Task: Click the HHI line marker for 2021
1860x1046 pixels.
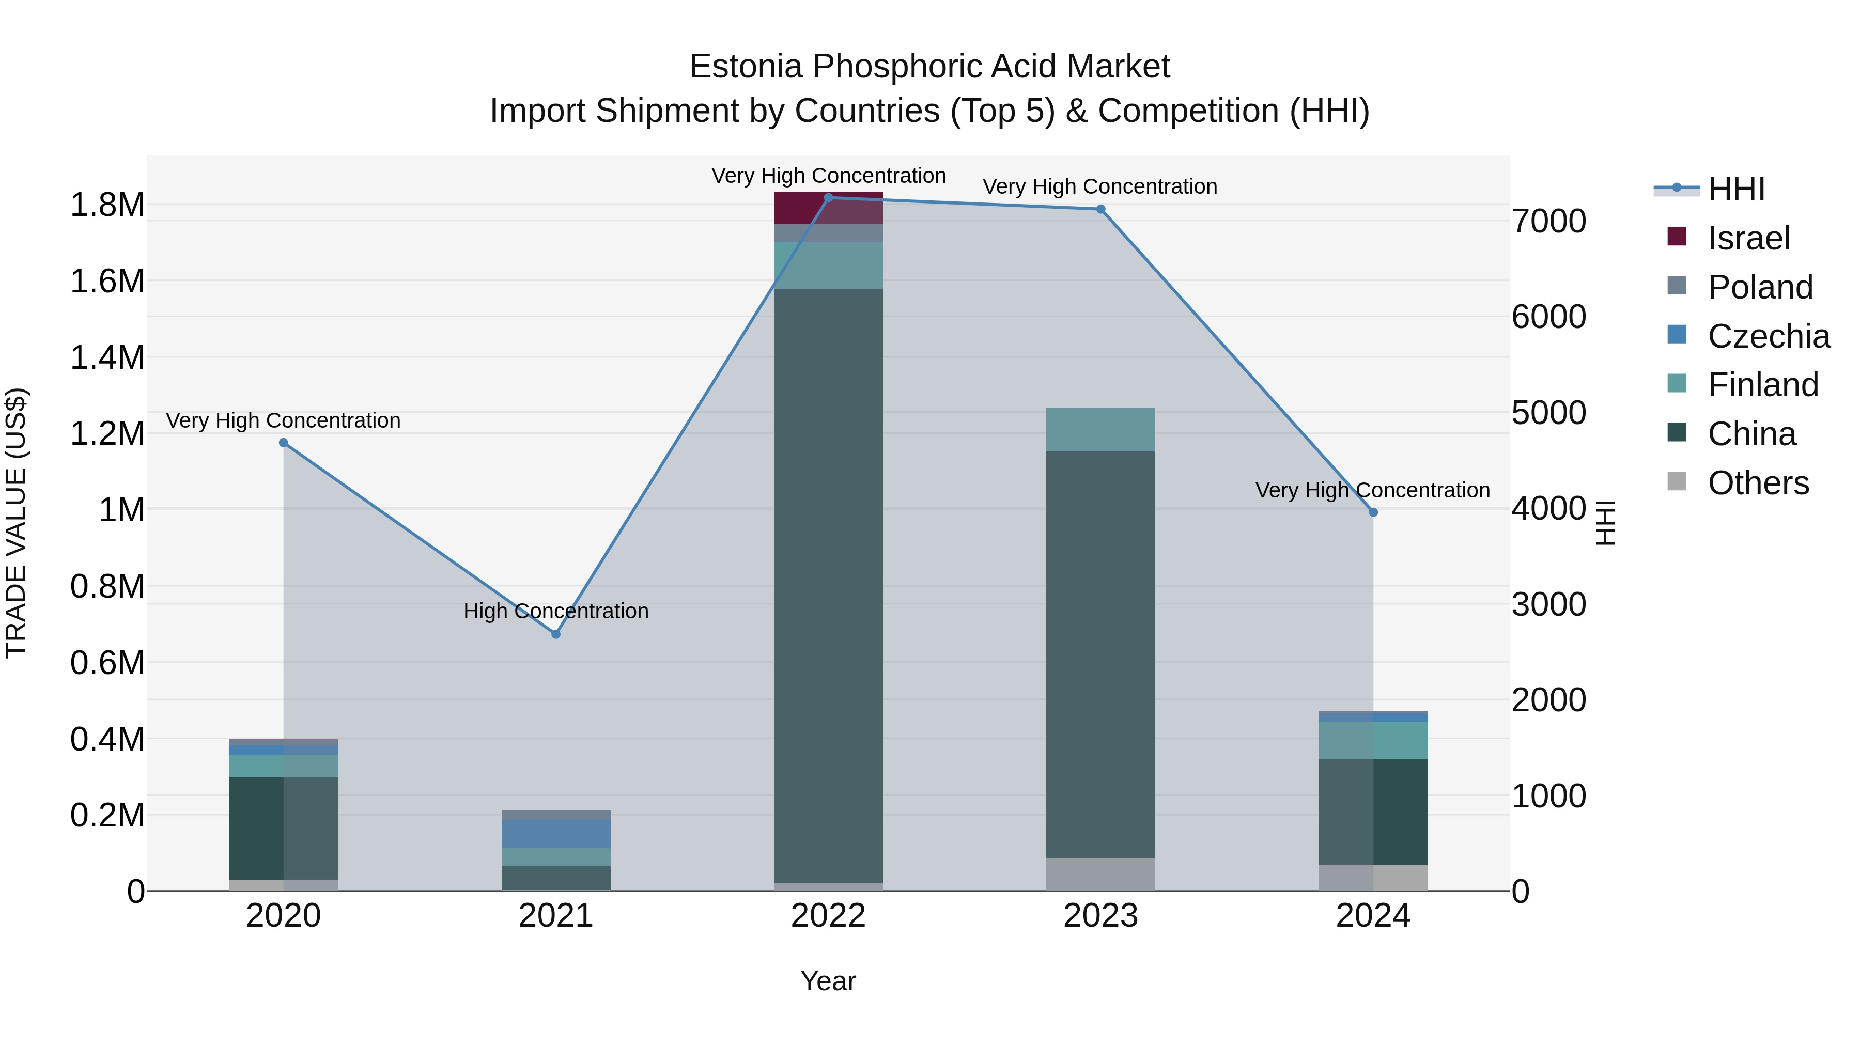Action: (555, 634)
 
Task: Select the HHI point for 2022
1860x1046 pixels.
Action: (828, 198)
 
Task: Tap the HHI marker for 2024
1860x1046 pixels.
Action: (1373, 512)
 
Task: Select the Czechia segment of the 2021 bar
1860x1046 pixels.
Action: (555, 833)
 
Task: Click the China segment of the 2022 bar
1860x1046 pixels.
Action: (828, 585)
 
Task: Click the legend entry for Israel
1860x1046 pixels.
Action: (1748, 238)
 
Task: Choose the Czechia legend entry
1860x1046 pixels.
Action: (1768, 336)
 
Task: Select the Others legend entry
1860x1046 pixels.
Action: (1758, 483)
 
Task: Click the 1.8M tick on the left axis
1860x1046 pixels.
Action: (107, 205)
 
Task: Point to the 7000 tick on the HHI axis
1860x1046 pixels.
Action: (1549, 221)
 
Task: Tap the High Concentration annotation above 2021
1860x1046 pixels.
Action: (555, 612)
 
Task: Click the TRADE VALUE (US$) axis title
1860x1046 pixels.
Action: (16, 523)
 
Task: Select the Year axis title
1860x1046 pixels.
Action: (828, 981)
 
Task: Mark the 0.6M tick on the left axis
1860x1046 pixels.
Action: (107, 663)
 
